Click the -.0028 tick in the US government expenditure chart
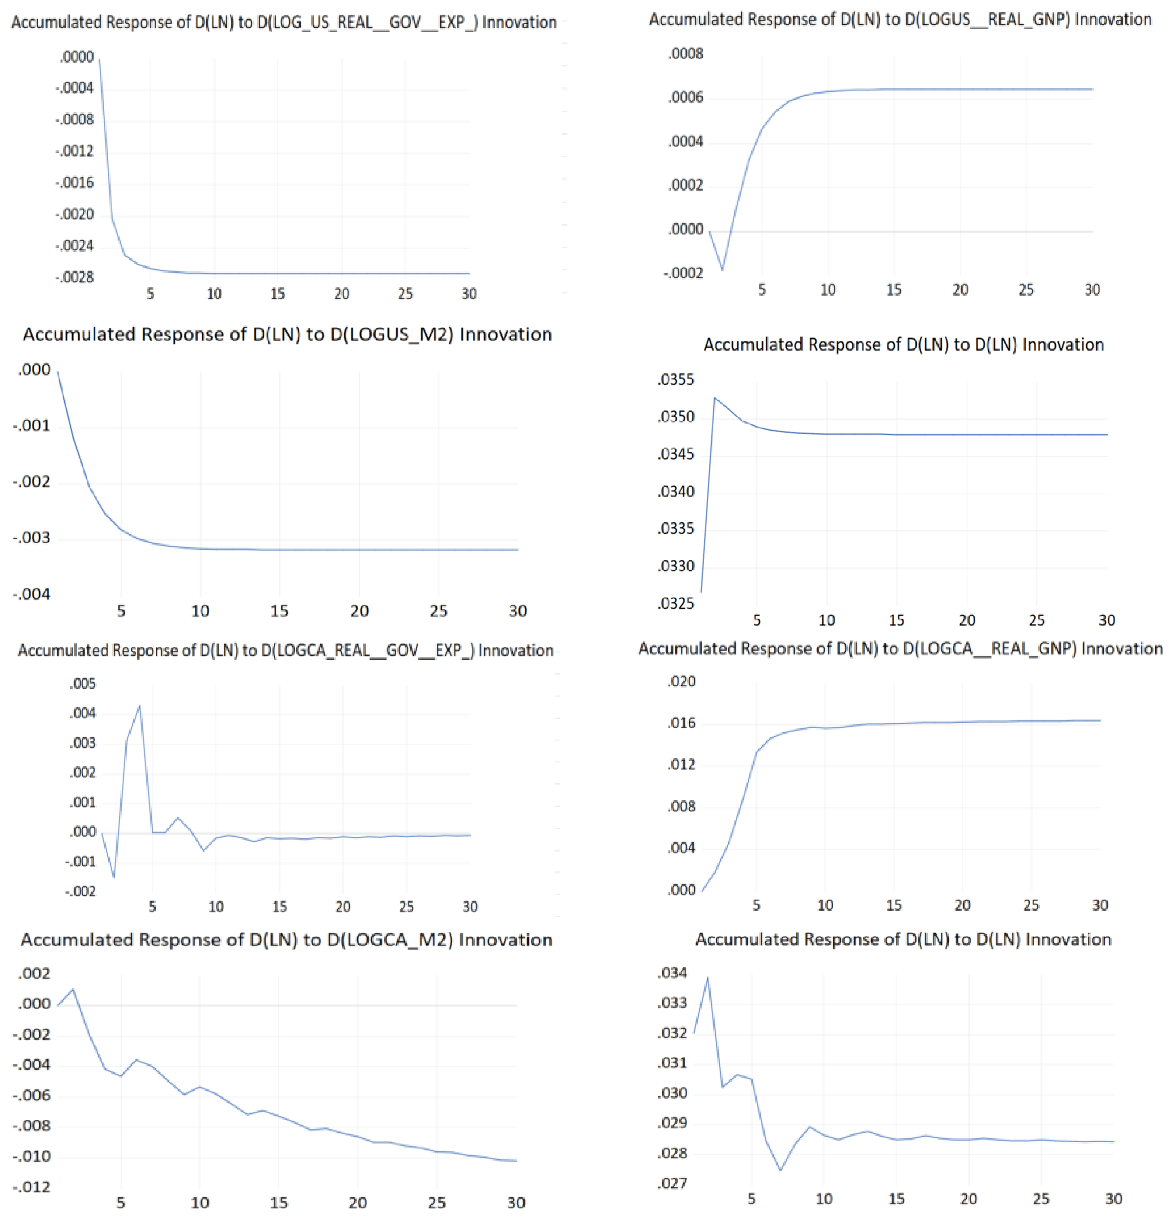click(x=74, y=277)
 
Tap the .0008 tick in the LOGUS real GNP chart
click(x=685, y=54)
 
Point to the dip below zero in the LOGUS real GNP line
click(x=722, y=269)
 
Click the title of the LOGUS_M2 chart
click(x=287, y=334)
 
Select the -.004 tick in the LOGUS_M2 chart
click(x=31, y=594)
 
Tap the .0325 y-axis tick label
click(x=675, y=603)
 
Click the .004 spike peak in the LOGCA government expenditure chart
click(x=139, y=706)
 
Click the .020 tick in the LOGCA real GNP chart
click(x=681, y=682)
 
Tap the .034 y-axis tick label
click(x=672, y=973)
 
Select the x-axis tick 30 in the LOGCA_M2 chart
click(x=515, y=1202)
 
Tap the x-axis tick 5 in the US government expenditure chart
click(x=150, y=293)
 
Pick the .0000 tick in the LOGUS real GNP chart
click(x=685, y=229)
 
